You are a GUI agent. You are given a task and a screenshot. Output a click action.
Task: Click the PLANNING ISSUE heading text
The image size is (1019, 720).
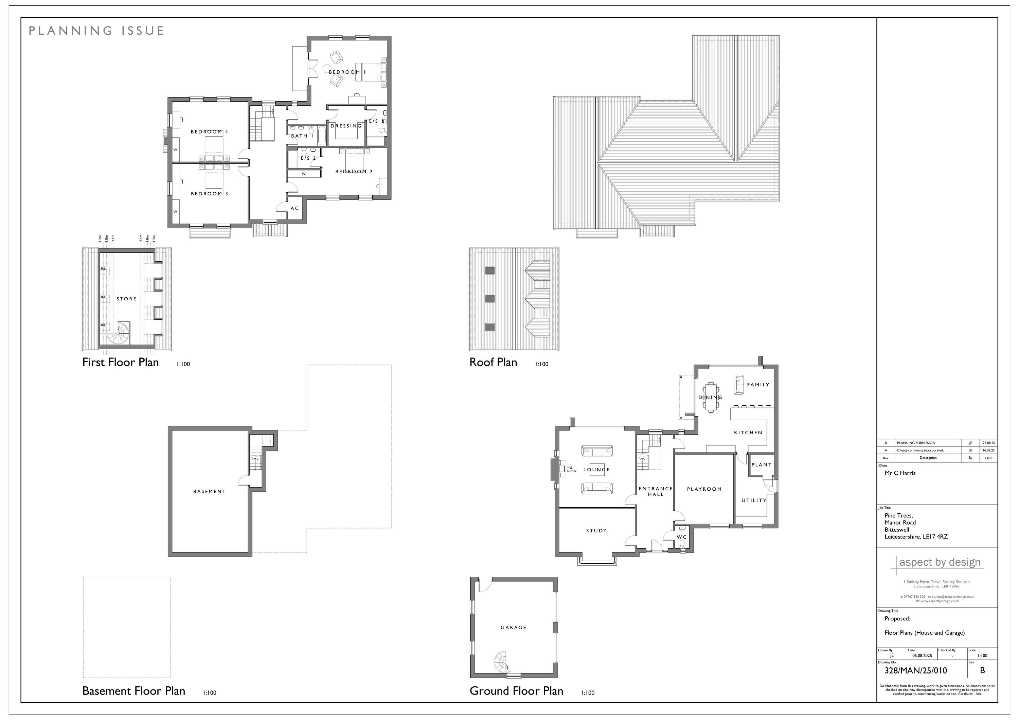(x=96, y=31)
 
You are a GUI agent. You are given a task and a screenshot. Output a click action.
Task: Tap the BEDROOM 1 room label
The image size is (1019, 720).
(x=347, y=72)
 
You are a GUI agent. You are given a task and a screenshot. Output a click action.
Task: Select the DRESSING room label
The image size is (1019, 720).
(x=346, y=126)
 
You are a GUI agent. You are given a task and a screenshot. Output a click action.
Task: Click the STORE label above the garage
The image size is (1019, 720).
(x=126, y=299)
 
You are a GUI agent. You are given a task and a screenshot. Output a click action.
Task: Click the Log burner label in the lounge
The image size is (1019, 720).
(x=571, y=469)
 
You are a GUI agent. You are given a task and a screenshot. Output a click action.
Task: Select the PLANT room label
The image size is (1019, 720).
(x=762, y=465)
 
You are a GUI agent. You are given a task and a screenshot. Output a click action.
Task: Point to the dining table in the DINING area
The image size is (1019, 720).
(x=711, y=397)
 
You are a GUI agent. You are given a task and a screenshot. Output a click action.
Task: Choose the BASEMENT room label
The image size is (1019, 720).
(x=210, y=491)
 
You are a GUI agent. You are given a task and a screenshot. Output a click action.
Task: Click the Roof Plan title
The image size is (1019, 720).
(x=493, y=363)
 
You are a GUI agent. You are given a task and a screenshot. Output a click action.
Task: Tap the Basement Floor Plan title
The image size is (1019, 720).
(x=133, y=691)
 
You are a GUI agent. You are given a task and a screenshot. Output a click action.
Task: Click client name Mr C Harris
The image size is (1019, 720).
(x=900, y=473)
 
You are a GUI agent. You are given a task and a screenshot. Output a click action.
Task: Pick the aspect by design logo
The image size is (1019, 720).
(x=939, y=562)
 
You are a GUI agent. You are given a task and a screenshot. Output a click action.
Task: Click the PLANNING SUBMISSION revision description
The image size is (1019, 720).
(x=916, y=443)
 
